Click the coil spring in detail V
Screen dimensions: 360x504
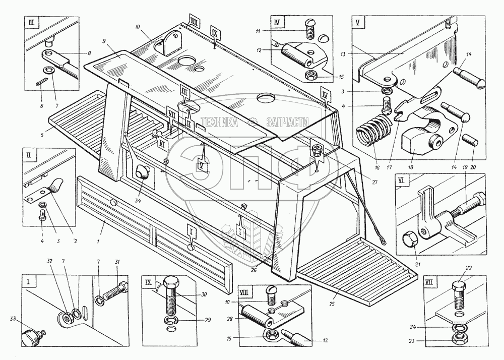(373, 133)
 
